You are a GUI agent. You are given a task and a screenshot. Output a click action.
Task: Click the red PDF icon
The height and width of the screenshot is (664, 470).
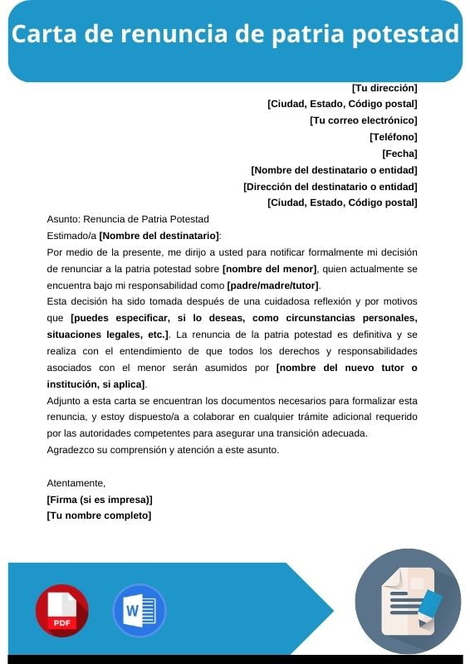[61, 610]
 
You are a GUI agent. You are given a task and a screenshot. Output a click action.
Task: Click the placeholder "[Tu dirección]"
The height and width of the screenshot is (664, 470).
[384, 87]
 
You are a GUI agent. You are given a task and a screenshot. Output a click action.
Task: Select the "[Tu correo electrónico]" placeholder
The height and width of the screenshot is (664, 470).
[363, 120]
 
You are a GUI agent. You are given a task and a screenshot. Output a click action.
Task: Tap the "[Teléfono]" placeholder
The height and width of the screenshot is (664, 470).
[393, 137]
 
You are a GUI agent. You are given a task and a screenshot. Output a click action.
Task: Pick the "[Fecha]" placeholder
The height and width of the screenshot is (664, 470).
[399, 154]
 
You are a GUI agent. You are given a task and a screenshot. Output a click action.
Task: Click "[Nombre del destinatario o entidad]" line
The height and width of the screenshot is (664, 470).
[334, 170]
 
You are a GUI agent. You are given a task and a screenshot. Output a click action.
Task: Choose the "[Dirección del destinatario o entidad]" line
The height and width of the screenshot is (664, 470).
[330, 187]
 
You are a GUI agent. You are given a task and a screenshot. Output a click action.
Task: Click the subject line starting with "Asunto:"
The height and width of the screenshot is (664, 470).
[128, 219]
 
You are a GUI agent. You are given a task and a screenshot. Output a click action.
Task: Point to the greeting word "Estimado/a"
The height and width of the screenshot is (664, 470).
[71, 236]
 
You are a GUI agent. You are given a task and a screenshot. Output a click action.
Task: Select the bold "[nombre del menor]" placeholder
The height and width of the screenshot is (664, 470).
[270, 269]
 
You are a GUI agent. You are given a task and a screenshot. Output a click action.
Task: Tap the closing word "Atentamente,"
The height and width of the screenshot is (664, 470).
[76, 482]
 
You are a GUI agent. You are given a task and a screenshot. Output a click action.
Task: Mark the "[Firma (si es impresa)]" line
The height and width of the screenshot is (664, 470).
[100, 499]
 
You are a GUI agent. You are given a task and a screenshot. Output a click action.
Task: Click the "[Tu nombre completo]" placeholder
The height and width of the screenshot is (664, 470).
[99, 515]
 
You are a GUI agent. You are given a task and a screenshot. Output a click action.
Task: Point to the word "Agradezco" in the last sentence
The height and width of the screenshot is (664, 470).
[72, 450]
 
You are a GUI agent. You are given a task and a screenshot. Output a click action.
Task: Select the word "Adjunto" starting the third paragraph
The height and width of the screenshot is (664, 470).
[65, 400]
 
